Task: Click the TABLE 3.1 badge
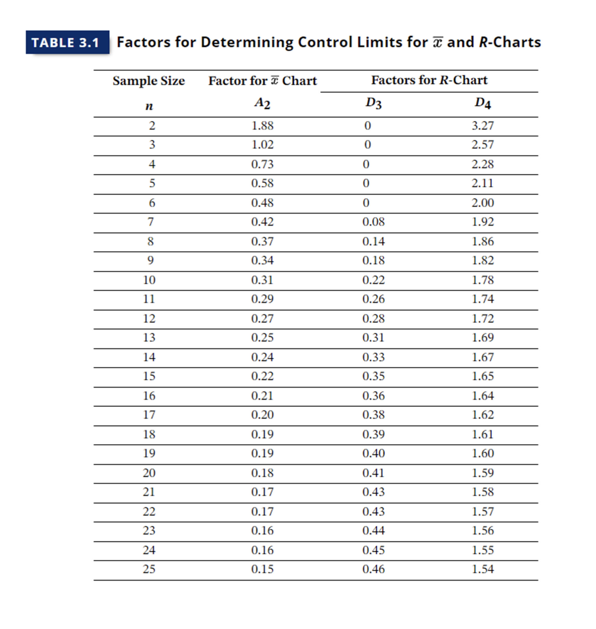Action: point(67,42)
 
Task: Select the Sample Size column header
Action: point(149,81)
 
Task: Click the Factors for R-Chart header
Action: point(429,80)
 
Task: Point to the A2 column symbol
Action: point(262,103)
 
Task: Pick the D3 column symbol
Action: point(373,103)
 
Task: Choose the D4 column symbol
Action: point(483,103)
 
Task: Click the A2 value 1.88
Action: point(262,126)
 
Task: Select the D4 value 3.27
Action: point(483,126)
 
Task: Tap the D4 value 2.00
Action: point(483,203)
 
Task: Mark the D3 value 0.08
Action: point(373,222)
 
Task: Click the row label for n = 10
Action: point(149,280)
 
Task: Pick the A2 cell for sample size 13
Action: point(262,337)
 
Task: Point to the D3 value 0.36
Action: point(373,396)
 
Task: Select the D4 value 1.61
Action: point(483,434)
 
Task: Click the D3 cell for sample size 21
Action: point(373,492)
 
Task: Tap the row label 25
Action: point(149,569)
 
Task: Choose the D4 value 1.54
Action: point(483,569)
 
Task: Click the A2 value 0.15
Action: point(262,569)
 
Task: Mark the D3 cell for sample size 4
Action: point(366,164)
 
